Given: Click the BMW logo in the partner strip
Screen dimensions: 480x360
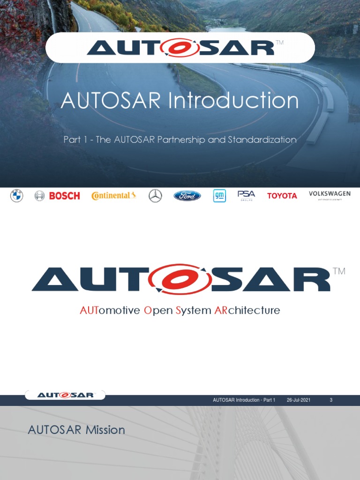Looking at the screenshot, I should coord(16,196).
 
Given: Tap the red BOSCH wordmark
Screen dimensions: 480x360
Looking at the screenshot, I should coord(65,196).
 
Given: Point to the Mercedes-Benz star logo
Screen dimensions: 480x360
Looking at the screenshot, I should coord(155,196).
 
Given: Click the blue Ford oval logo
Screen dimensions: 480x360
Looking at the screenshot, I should coord(187,196).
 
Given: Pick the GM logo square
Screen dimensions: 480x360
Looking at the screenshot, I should coord(219,196).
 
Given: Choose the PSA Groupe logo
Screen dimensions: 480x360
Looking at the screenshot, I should coord(246,195).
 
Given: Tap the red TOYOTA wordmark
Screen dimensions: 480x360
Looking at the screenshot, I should coord(282,196).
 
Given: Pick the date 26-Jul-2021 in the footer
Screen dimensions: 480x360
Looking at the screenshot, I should coord(299,400).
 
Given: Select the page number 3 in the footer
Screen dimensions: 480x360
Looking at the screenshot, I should coord(331,400).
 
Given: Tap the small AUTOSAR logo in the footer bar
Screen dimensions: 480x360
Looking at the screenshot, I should coord(66,395).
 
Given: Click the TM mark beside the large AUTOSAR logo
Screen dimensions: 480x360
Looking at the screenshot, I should coord(339,271).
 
